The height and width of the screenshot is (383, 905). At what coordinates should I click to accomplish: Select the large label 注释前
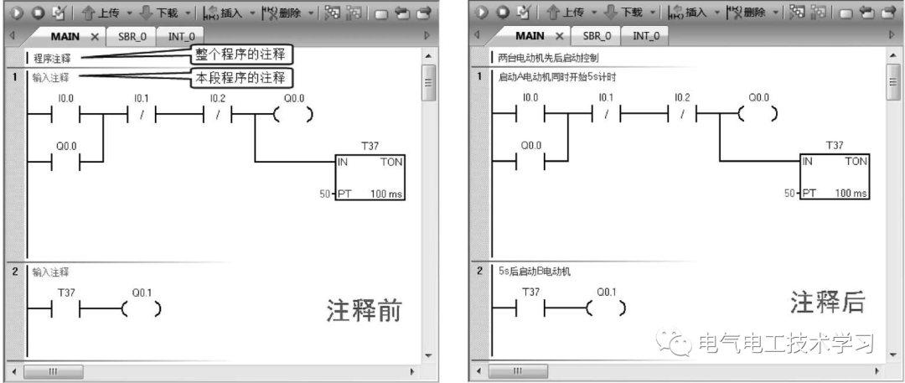point(364,311)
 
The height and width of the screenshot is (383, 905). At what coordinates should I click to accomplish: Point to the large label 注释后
point(827,303)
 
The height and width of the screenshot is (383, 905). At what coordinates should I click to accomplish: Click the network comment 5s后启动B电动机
point(530,272)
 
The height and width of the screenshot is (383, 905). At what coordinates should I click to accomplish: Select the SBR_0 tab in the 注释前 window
point(132,37)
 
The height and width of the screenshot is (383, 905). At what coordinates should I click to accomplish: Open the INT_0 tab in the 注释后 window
point(646,37)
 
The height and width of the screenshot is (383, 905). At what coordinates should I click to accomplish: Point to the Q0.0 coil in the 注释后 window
point(759,115)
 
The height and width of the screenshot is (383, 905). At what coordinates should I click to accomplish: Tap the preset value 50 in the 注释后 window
point(789,193)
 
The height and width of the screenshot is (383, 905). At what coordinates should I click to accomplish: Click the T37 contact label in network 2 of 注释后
point(530,292)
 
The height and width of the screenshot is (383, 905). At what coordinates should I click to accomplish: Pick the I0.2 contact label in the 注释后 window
point(682,98)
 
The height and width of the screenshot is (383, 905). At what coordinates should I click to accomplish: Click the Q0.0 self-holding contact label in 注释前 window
point(65,145)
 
